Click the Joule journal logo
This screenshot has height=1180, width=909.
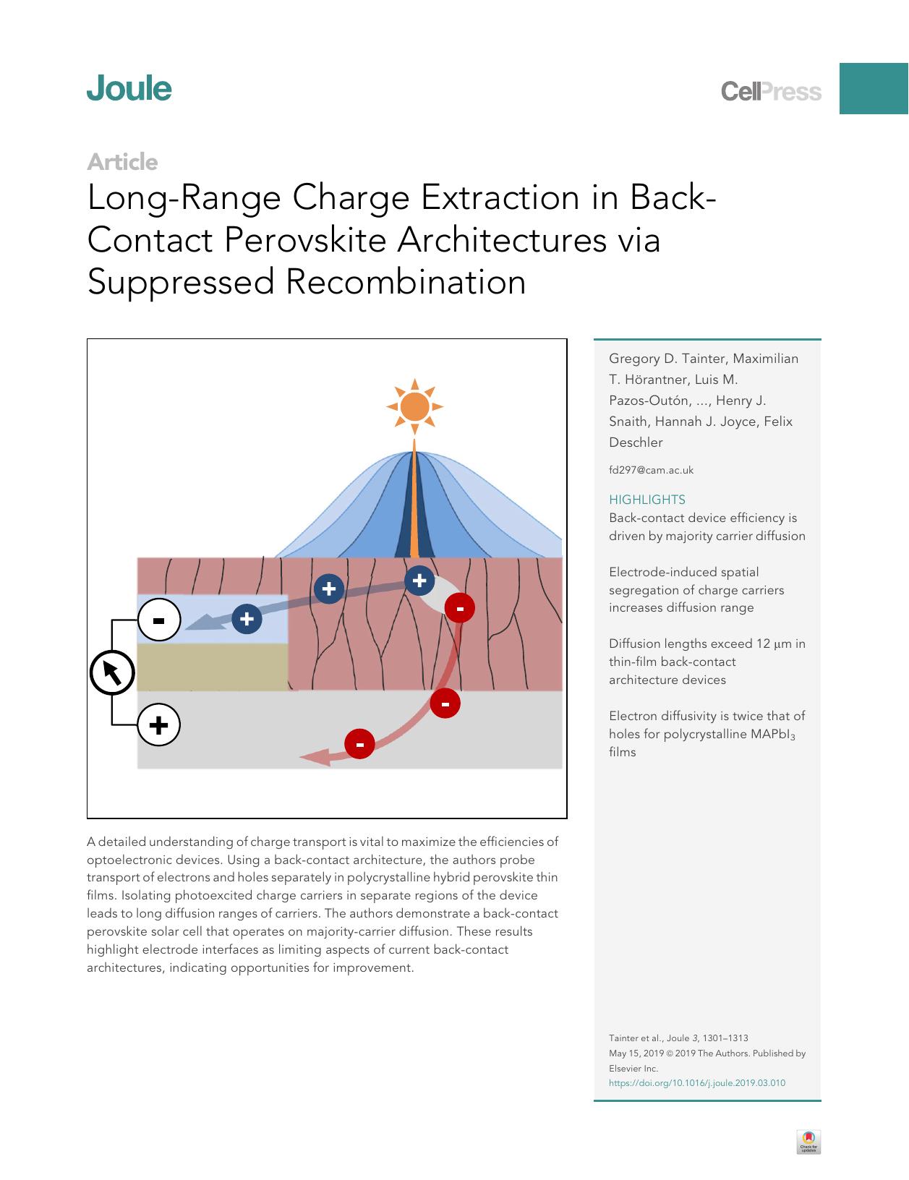coord(129,89)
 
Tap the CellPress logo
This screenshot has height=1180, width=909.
coord(771,92)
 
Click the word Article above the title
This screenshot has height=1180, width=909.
coord(122,162)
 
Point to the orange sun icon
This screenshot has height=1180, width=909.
coord(414,407)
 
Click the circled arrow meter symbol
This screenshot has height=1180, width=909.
coord(112,673)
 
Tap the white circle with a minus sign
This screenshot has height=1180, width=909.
coord(158,620)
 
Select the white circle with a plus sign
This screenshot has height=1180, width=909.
coord(158,724)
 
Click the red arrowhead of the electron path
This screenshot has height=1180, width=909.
coord(314,756)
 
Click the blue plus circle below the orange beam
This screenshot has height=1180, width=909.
coord(419,581)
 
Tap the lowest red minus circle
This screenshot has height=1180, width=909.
coord(359,743)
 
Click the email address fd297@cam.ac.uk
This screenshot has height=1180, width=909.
coord(651,470)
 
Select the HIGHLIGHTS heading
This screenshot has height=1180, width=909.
coord(646,500)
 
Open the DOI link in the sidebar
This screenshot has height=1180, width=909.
coord(696,1083)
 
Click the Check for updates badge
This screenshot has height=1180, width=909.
coord(808,1142)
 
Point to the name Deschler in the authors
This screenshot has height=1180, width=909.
coord(636,442)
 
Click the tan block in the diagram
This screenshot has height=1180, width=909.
coord(212,667)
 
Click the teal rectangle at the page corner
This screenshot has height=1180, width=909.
coord(874,88)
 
